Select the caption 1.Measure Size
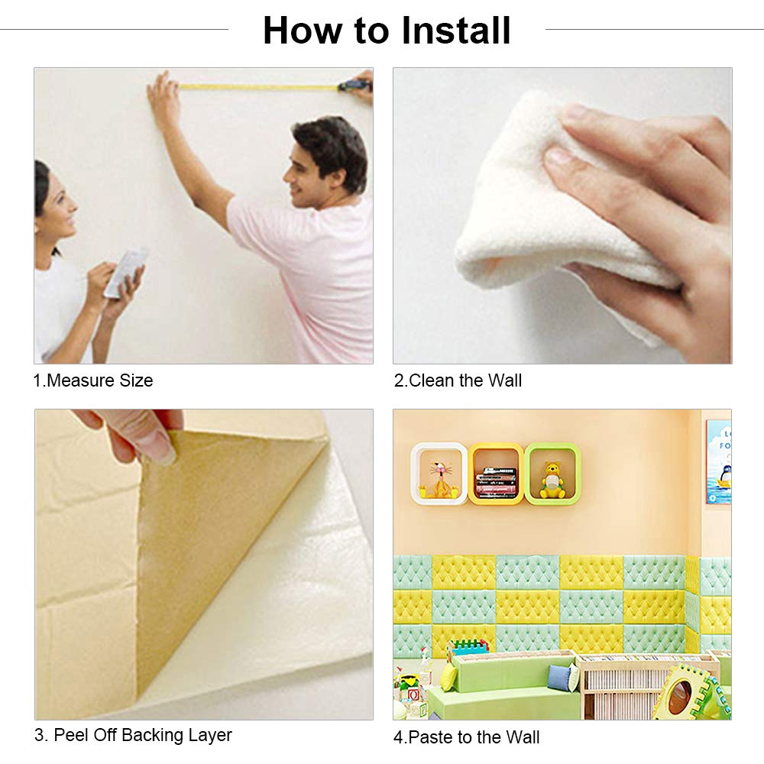93,380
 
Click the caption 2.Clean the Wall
458,380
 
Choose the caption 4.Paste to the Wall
466,737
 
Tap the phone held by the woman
125,271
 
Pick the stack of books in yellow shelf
497,482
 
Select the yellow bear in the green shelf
552,480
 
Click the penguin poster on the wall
718,461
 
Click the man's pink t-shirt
306,275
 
